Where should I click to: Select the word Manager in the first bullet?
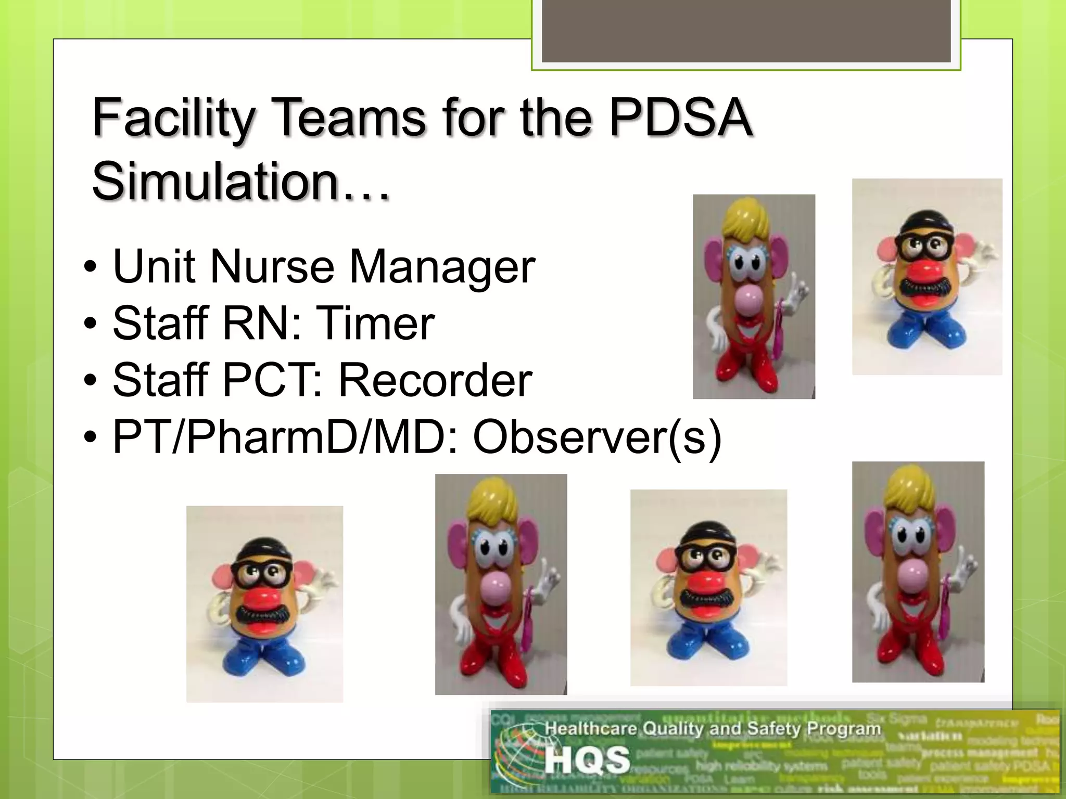[442, 267]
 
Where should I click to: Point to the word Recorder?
[435, 380]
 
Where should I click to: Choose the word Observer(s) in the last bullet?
[597, 437]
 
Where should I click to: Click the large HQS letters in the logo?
[587, 761]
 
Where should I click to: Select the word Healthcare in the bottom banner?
[591, 728]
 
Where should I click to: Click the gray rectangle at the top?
[746, 31]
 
